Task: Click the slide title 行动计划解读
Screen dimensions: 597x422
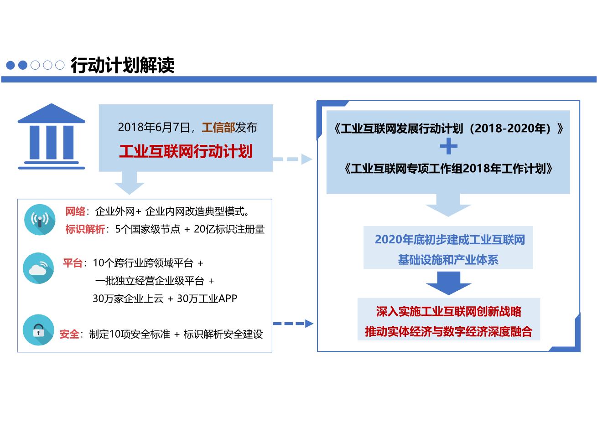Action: [122, 65]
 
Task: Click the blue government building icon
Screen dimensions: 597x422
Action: [52, 136]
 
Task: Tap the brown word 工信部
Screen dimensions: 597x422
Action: [218, 128]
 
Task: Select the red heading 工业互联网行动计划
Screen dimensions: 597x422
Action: [186, 151]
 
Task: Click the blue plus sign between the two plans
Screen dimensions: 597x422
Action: [449, 146]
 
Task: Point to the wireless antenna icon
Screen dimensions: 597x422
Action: [40, 220]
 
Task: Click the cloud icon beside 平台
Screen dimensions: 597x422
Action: [38, 268]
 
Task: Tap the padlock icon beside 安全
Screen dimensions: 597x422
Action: [38, 330]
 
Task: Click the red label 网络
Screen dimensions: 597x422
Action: [75, 211]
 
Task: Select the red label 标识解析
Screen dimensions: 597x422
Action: [85, 229]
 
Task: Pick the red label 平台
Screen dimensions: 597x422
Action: [73, 263]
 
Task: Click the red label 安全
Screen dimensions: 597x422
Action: [69, 334]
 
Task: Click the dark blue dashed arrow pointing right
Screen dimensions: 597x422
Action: [293, 324]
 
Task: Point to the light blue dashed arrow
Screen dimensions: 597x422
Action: [292, 159]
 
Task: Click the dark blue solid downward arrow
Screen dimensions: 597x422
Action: [449, 283]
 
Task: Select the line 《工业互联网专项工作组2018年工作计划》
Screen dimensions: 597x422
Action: [448, 169]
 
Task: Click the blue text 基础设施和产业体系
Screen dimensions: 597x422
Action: [448, 260]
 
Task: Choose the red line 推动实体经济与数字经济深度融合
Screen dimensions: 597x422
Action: [449, 332]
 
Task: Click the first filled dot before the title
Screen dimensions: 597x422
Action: [10, 65]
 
